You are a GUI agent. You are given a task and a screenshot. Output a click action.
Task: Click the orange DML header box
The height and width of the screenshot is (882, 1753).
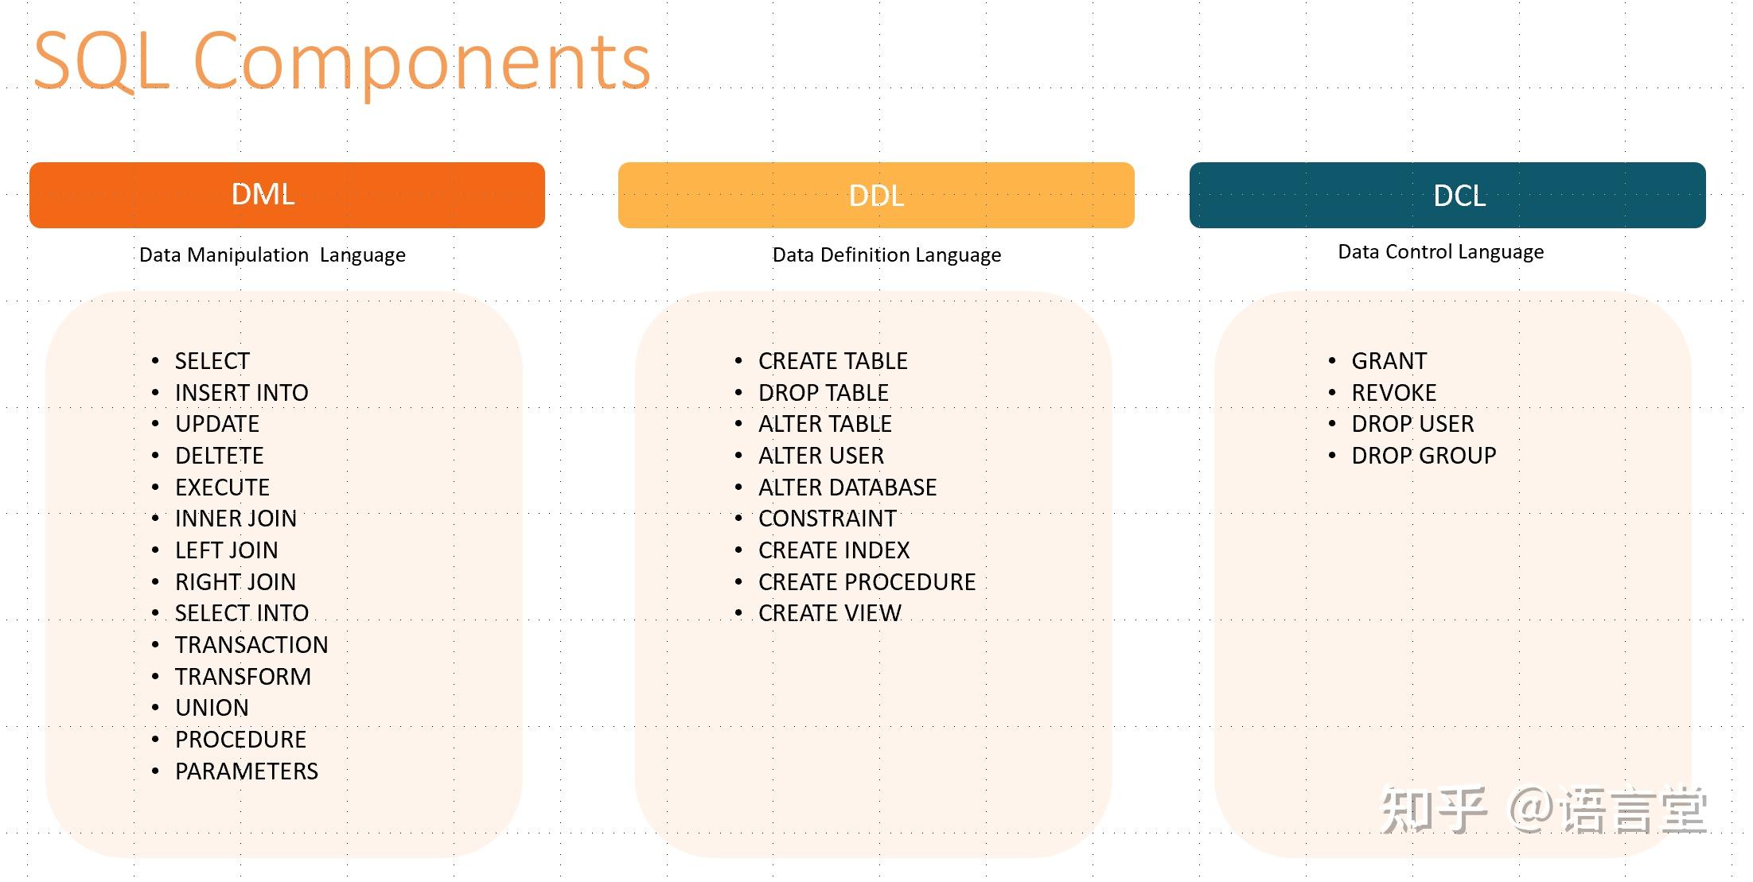[286, 195]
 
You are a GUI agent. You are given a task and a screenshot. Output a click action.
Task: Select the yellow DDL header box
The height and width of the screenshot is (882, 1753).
[875, 195]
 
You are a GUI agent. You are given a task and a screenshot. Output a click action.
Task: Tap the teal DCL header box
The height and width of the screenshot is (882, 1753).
[1447, 195]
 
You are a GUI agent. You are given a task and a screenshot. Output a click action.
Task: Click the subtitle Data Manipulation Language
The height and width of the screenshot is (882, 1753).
[272, 255]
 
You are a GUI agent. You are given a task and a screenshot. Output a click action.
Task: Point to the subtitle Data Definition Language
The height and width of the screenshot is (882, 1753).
[886, 255]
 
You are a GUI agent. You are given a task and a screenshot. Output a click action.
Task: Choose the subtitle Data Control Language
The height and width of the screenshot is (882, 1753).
[1440, 252]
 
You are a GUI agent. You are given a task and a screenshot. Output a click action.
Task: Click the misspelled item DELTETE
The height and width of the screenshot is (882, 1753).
[219, 456]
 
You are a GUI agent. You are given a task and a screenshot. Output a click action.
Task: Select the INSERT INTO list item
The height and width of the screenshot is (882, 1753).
[241, 393]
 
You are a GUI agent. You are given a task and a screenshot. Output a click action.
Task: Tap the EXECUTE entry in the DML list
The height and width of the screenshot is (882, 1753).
[222, 488]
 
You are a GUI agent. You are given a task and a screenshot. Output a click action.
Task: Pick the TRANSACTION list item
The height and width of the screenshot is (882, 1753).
[251, 645]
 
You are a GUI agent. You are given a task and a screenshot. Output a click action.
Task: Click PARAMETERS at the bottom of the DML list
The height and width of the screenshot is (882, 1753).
[246, 771]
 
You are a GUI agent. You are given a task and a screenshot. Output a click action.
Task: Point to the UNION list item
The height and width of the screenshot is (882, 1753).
[212, 708]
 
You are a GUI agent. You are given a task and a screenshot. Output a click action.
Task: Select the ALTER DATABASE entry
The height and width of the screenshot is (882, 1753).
[847, 488]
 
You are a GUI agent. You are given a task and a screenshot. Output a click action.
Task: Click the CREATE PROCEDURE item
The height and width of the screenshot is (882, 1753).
[867, 582]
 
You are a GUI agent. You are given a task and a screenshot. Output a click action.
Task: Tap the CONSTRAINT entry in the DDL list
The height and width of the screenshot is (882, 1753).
[827, 519]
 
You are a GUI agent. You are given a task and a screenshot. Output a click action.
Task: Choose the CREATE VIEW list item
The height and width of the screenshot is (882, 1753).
[829, 613]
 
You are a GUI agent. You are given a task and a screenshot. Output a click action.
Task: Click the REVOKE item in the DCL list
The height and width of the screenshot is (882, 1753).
[1393, 393]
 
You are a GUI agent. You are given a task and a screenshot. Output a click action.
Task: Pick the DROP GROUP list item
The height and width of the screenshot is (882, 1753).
[1424, 456]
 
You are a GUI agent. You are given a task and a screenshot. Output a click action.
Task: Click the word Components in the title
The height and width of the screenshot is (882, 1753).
[422, 62]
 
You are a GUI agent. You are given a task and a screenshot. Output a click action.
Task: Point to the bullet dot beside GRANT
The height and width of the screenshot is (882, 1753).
[1332, 362]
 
